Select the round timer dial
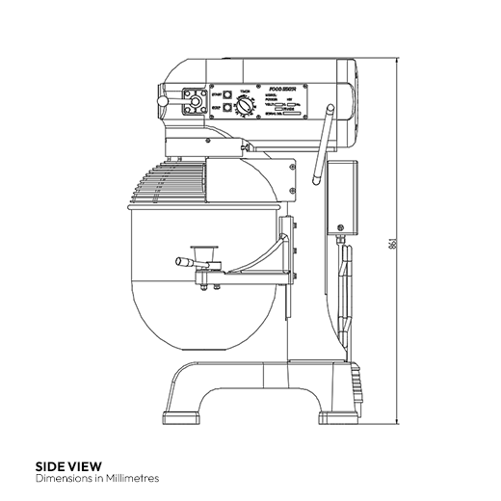pos(247,109)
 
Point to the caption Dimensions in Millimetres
pos(96,478)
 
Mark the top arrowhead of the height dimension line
pos(397,60)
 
